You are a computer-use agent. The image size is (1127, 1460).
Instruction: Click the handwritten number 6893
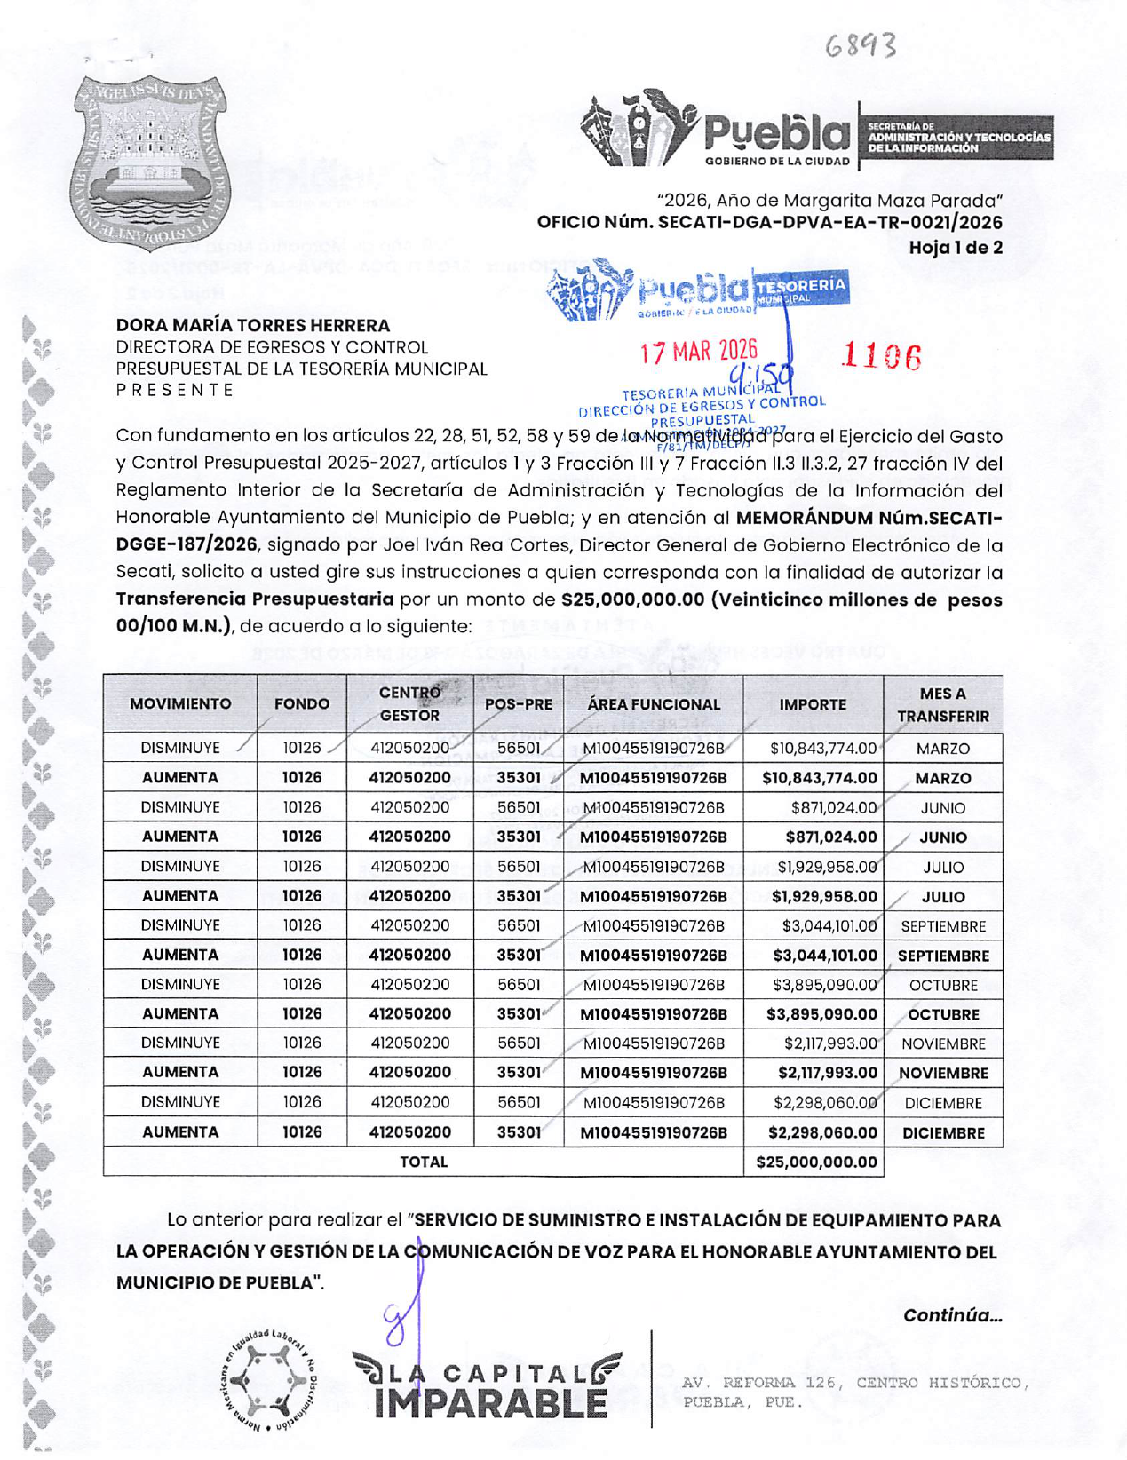(x=860, y=45)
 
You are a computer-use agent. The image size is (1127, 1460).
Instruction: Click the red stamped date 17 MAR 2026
(x=699, y=352)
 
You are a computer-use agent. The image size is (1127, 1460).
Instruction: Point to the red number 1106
(x=881, y=357)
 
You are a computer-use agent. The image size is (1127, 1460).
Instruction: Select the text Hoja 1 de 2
(x=955, y=248)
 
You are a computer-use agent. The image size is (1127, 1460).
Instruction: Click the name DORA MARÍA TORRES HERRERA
(x=253, y=326)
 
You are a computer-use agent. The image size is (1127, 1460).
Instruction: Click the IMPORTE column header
(x=812, y=704)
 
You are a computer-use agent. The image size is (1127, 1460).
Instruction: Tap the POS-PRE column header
(x=519, y=704)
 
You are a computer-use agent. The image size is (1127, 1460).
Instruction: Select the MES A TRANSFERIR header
(x=942, y=704)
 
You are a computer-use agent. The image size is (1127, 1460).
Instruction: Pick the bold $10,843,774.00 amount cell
(x=819, y=778)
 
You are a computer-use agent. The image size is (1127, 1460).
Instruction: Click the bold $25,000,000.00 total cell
(x=815, y=1162)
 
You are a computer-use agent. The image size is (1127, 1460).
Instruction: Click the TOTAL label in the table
(x=424, y=1162)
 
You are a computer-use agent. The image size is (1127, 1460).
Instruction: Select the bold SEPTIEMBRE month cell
(x=943, y=956)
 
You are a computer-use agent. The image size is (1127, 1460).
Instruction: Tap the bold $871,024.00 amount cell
(x=830, y=837)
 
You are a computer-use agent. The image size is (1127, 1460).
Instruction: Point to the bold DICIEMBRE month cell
(x=943, y=1132)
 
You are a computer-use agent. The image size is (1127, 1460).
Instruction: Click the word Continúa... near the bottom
(x=952, y=1315)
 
